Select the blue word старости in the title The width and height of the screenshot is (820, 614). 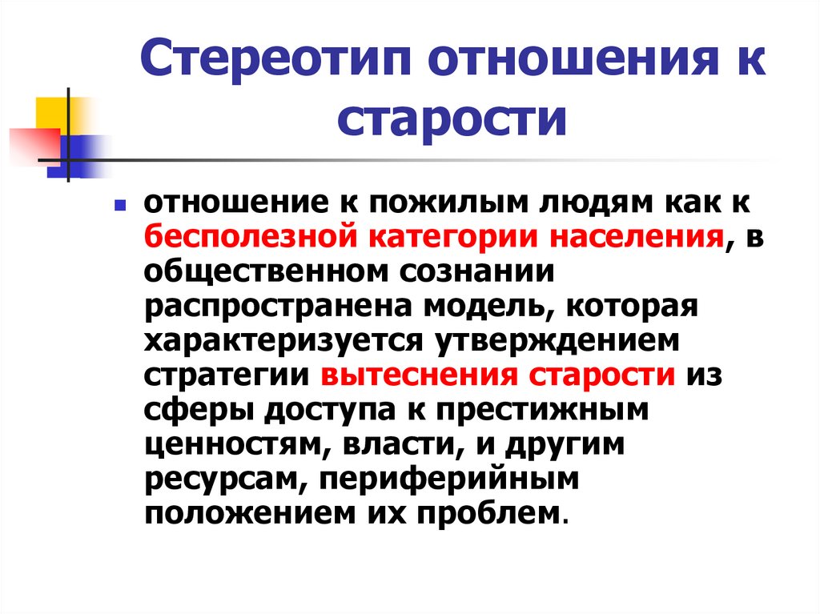click(x=452, y=119)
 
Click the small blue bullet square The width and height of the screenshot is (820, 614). click(x=119, y=206)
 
